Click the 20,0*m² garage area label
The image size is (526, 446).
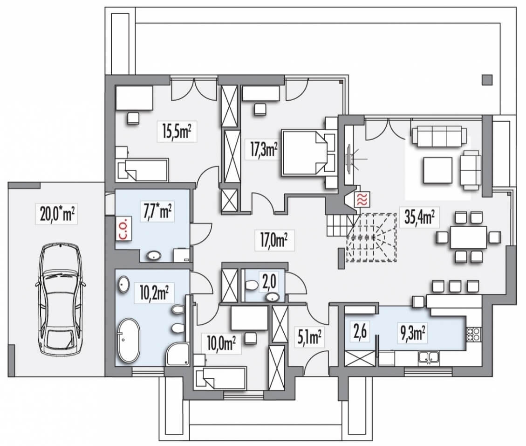[57, 214]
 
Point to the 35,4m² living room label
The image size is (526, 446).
[419, 217]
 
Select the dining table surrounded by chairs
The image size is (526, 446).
[468, 237]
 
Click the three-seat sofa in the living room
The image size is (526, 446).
[439, 136]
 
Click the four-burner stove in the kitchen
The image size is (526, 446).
[473, 334]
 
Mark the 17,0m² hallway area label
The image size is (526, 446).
[274, 240]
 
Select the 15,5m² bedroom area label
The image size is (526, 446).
[177, 131]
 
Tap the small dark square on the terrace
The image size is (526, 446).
[487, 80]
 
